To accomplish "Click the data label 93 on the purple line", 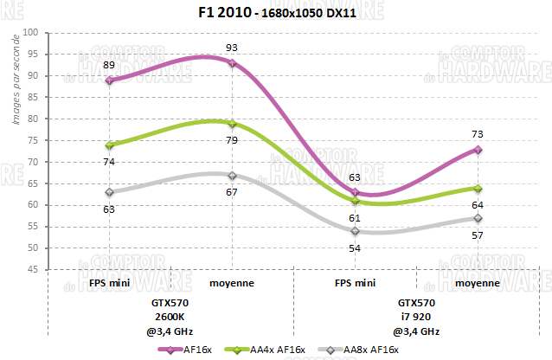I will [x=232, y=46].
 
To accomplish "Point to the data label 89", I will [x=109, y=65].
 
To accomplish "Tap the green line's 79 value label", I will [x=232, y=139].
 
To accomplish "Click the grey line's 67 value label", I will [x=232, y=191].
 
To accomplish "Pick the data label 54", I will [x=355, y=248].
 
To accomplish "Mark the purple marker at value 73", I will [x=478, y=150].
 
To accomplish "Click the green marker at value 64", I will [x=478, y=188].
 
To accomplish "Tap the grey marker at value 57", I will [x=478, y=218].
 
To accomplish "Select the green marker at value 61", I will [x=355, y=201].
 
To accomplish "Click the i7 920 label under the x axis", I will [x=416, y=317].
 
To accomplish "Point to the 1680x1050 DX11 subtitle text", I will [x=304, y=15].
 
